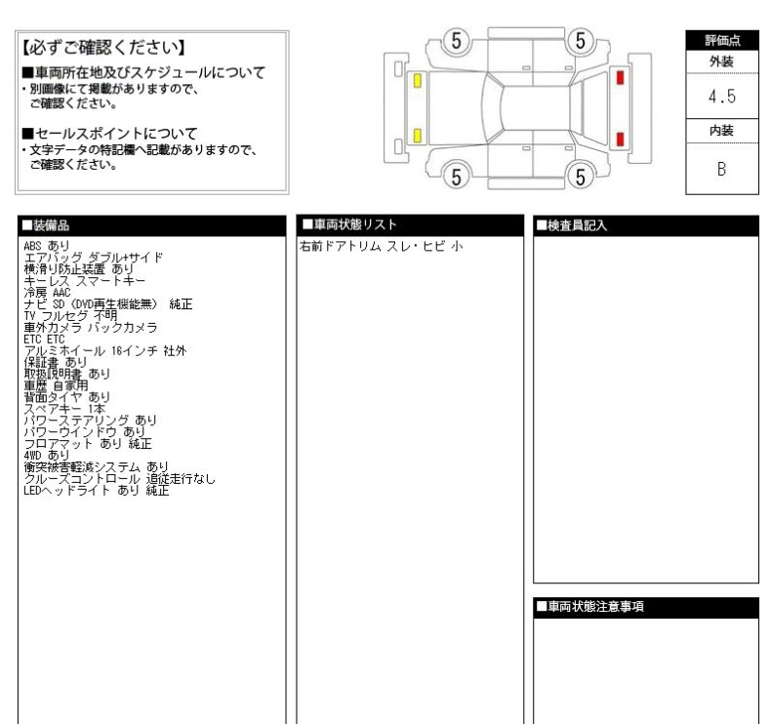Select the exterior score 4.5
pyautogui.click(x=723, y=98)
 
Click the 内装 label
pyautogui.click(x=723, y=129)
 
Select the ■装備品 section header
pyautogui.click(x=58, y=225)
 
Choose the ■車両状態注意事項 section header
pyautogui.click(x=591, y=607)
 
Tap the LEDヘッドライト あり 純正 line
pyautogui.click(x=96, y=491)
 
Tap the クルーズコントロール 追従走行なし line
pyautogui.click(x=118, y=479)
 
